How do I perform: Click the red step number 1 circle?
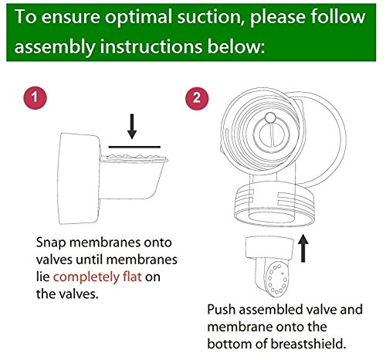point(36,97)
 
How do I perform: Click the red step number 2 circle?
point(197,98)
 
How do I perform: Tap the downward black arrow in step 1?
point(132,126)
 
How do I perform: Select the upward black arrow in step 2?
point(303,248)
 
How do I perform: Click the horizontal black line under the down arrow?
point(134,147)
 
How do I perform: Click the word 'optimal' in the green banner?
point(138,18)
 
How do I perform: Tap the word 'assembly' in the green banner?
point(55,47)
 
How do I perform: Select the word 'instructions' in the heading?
point(151,46)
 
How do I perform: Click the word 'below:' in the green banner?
point(236,46)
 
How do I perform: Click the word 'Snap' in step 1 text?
point(51,243)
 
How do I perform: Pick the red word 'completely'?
point(86,277)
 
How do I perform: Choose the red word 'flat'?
point(132,277)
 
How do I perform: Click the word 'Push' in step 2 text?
point(222,309)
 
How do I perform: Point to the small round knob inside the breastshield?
point(270,117)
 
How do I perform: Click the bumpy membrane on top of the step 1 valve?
point(134,156)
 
